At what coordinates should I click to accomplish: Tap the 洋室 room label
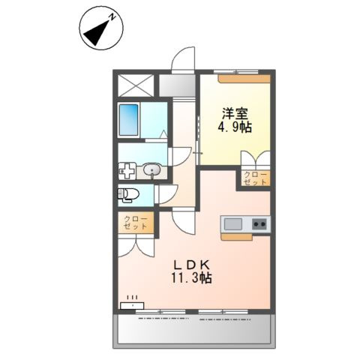[235, 114]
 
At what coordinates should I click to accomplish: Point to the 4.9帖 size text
[235, 127]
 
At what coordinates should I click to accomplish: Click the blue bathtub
[130, 118]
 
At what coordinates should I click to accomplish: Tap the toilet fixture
[128, 195]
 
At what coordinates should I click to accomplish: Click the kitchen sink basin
[232, 223]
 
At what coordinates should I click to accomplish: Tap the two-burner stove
[259, 223]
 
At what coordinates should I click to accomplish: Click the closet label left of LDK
[136, 223]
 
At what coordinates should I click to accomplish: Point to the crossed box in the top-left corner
[136, 85]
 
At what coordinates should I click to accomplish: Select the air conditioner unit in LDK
[133, 304]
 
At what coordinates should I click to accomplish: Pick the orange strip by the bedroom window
[243, 77]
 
